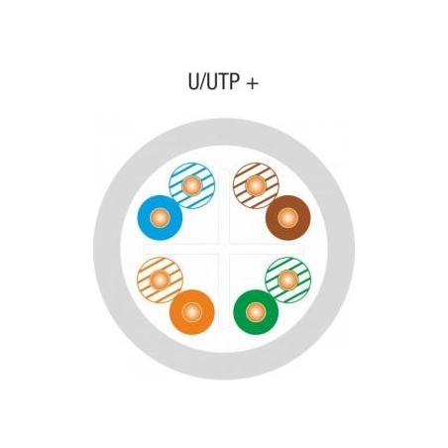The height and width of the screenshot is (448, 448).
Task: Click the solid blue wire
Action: pos(160,218)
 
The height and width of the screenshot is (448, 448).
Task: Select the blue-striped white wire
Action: pos(192,185)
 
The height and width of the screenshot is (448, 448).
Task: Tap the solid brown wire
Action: pos(287,218)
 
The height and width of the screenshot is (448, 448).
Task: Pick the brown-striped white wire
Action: pos(256,185)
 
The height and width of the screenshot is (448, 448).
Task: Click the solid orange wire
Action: pos(192,312)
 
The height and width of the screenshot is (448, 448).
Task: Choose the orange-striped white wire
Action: pos(160,280)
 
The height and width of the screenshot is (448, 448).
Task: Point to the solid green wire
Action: pos(256,312)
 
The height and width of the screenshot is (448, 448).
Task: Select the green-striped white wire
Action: pos(288,280)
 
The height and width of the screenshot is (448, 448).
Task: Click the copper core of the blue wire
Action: pos(160,218)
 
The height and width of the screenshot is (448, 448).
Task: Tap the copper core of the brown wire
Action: pos(287,218)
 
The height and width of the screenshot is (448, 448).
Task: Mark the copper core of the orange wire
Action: pos(192,312)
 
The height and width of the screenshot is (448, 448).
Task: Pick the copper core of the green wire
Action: pos(256,312)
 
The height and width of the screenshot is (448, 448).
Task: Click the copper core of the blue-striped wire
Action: pos(192,185)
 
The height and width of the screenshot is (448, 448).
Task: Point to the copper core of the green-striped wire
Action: pos(288,280)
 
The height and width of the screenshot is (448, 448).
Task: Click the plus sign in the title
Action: pos(252,83)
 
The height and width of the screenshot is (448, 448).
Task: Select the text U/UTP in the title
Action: pos(214,81)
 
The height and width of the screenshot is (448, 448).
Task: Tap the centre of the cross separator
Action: pos(224,249)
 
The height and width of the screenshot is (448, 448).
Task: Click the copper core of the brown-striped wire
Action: pos(256,185)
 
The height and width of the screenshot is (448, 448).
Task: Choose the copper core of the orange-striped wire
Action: pos(160,280)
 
